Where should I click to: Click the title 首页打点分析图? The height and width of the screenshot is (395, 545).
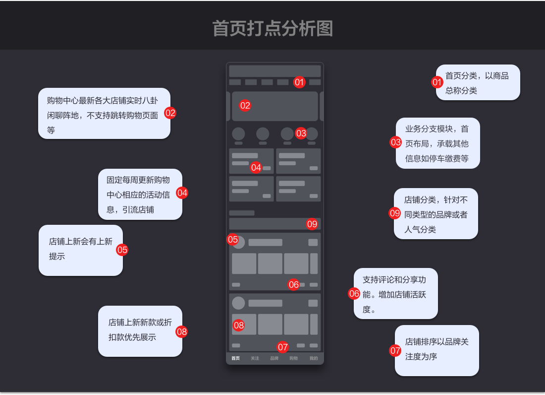272,28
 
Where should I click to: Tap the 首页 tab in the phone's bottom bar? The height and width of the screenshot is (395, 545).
235,358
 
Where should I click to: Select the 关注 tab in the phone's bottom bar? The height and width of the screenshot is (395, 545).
255,358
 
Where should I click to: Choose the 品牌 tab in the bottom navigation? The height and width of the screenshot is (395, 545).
274,358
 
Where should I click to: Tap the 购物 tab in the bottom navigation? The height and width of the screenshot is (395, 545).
294,358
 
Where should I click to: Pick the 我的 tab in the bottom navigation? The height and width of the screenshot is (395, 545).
314,358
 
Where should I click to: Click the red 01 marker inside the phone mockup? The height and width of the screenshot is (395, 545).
299,82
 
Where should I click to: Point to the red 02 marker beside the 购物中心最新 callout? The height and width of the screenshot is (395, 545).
170,113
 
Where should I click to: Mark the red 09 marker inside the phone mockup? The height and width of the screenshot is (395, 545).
312,224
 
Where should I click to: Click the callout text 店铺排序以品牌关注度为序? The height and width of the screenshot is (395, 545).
436,349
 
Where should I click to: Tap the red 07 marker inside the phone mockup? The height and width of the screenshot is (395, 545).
282,347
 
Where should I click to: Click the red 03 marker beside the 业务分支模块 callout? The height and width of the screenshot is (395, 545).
395,142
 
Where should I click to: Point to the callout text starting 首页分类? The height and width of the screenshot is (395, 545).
477,83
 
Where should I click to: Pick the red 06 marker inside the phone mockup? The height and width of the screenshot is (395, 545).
293,284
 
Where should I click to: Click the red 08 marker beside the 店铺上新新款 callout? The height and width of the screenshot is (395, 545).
182,332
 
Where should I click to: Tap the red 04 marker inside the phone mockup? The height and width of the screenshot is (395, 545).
256,167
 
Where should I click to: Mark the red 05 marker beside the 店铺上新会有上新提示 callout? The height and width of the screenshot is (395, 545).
122,250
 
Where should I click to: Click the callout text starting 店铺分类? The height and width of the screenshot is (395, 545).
436,214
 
